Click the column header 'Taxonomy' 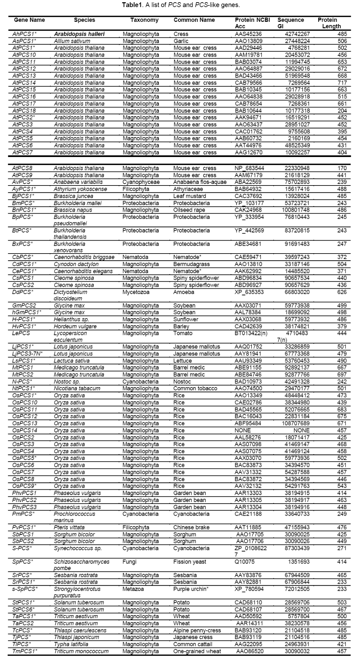click(x=144, y=20)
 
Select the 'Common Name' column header click(x=194, y=20)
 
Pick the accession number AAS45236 click(x=248, y=34)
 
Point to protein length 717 click(x=342, y=83)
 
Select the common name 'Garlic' click(x=181, y=41)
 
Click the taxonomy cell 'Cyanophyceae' click(x=141, y=182)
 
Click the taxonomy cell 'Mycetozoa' click(x=136, y=292)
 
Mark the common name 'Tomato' click(x=182, y=333)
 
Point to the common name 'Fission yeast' click(x=189, y=562)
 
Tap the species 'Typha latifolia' click(x=71, y=644)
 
